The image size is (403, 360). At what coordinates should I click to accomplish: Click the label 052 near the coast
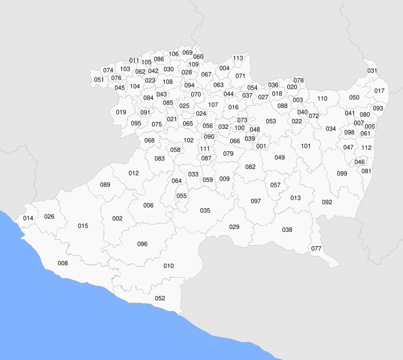(x=160, y=298)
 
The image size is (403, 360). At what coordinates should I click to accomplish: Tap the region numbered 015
(x=83, y=226)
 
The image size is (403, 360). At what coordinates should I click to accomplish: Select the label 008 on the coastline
(x=63, y=263)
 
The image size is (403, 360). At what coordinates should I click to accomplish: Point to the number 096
(x=142, y=244)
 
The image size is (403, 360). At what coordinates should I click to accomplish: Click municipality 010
(x=169, y=266)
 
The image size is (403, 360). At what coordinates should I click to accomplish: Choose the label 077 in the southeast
(x=316, y=249)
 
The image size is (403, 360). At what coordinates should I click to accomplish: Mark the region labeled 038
(x=287, y=230)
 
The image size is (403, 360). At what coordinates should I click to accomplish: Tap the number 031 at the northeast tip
(x=372, y=71)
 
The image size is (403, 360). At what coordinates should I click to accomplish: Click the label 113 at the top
(x=238, y=58)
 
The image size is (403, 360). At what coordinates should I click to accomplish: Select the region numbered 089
(x=105, y=185)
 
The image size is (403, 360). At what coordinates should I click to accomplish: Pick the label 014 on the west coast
(x=28, y=219)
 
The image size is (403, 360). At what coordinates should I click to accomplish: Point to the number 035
(x=205, y=210)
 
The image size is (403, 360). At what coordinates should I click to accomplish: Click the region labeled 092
(x=327, y=202)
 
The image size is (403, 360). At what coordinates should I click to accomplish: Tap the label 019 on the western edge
(x=121, y=112)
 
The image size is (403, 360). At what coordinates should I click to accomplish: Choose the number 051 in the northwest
(x=99, y=80)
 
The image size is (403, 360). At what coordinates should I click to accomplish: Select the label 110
(x=322, y=99)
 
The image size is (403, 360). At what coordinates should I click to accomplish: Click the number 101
(x=306, y=146)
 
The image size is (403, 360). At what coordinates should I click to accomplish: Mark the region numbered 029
(x=234, y=227)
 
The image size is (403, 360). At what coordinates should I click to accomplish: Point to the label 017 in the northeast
(x=379, y=91)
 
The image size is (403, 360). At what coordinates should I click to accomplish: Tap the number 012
(x=134, y=173)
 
